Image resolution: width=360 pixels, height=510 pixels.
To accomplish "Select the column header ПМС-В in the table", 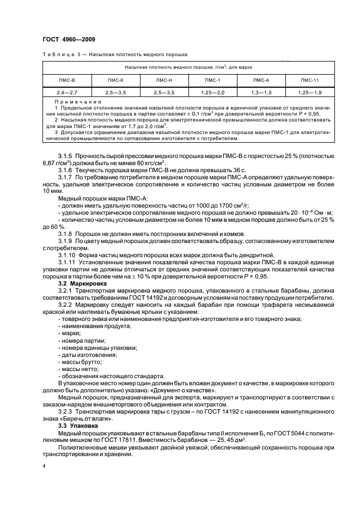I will pos(67,80).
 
